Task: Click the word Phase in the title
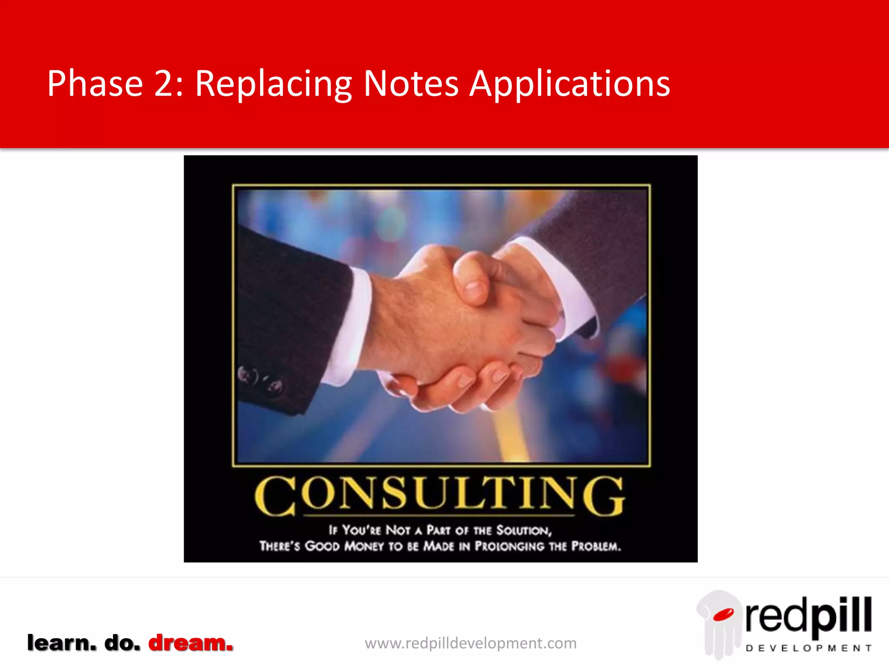(x=95, y=83)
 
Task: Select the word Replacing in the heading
(x=273, y=84)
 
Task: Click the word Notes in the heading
(x=411, y=83)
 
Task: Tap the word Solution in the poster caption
(x=524, y=530)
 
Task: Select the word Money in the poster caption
(x=364, y=546)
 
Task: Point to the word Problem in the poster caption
(x=596, y=546)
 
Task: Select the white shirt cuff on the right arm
(x=560, y=282)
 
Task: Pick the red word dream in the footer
(x=191, y=643)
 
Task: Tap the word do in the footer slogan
(x=122, y=643)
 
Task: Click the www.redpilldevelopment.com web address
(x=471, y=643)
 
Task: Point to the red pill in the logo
(x=723, y=615)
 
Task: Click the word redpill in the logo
(x=808, y=616)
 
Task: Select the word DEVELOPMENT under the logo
(x=808, y=648)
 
